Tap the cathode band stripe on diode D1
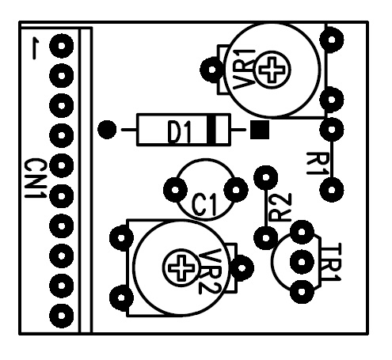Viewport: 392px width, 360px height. point(211,130)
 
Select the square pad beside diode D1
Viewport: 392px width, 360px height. point(260,130)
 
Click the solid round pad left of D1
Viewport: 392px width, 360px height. point(107,130)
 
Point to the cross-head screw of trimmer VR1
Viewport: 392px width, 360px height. point(272,70)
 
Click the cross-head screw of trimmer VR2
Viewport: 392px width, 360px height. point(181,267)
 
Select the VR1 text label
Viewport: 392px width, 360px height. point(243,70)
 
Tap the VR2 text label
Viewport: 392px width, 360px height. point(211,271)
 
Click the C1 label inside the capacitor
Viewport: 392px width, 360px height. point(204,205)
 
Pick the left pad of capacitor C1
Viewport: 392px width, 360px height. point(175,190)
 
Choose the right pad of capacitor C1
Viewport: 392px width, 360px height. point(236,190)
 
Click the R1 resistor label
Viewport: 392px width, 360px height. point(318,164)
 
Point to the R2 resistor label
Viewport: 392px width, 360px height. point(280,207)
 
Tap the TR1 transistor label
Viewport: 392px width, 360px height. point(330,263)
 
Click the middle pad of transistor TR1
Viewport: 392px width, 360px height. point(302,262)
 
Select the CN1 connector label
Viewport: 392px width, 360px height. point(35,178)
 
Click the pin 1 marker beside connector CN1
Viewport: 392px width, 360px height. point(35,49)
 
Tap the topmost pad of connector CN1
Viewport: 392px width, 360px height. point(61,46)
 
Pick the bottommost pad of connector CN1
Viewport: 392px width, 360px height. point(61,316)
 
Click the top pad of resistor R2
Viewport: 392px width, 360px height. point(265,177)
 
